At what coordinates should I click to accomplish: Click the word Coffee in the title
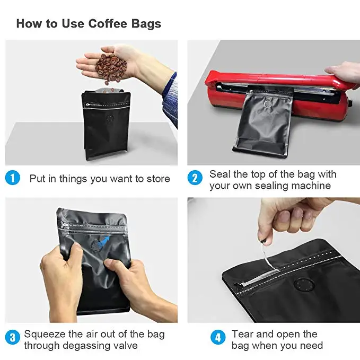click(x=108, y=23)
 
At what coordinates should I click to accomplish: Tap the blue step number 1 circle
click(x=12, y=178)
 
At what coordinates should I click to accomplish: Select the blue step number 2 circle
click(x=195, y=178)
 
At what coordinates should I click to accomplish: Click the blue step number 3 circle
click(x=12, y=337)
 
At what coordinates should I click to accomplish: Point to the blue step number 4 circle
click(x=218, y=337)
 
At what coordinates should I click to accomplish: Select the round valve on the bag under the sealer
click(x=267, y=104)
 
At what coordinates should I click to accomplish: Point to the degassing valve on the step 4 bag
click(x=304, y=285)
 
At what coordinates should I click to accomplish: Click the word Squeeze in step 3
click(x=45, y=335)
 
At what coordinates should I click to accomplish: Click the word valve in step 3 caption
click(x=125, y=346)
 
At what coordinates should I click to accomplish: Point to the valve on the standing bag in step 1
click(x=110, y=119)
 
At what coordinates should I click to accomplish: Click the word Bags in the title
click(x=146, y=24)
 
